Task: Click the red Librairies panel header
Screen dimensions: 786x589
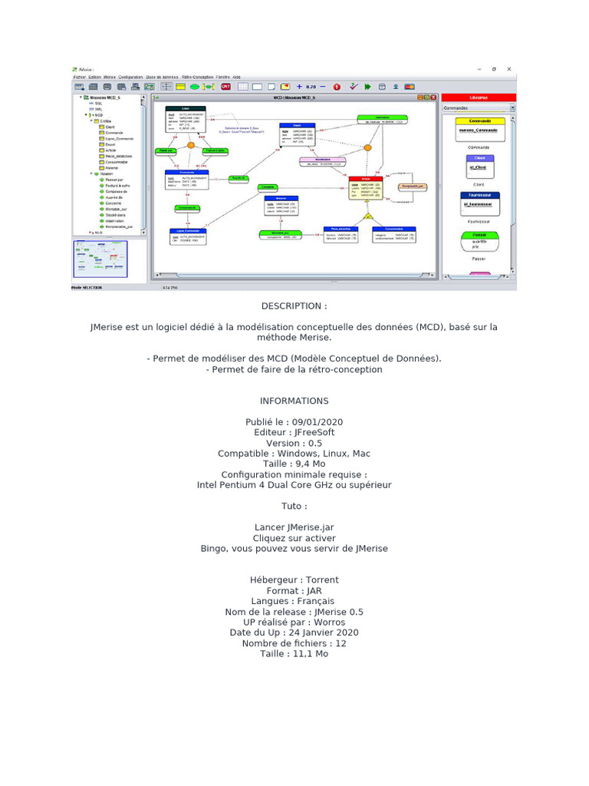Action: coord(478,98)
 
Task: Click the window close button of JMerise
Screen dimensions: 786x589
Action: coord(509,69)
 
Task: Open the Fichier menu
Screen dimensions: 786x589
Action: coord(79,78)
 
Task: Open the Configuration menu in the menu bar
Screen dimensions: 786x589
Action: coord(130,78)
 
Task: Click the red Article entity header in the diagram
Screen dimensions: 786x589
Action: coord(366,177)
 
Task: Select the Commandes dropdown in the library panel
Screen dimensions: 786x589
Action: coord(479,108)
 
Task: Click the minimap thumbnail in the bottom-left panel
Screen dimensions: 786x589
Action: coord(100,259)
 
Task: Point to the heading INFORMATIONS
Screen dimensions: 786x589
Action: coord(294,401)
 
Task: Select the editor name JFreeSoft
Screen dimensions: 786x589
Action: coord(316,433)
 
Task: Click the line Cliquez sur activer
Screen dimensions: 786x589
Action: coord(294,538)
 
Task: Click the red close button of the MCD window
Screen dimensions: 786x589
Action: coord(433,98)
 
